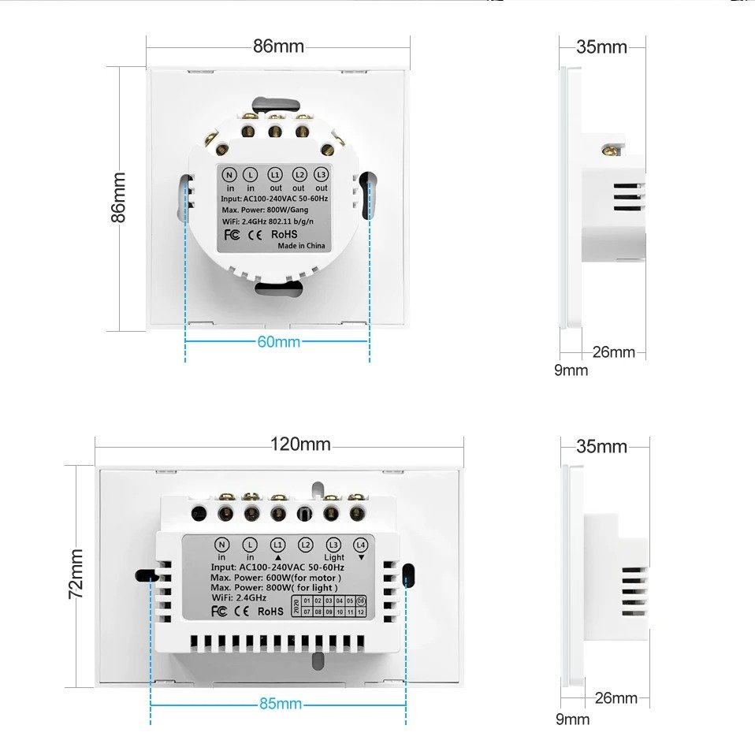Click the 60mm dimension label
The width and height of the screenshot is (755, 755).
[x=278, y=341]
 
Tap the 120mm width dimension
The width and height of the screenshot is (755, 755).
[x=300, y=444]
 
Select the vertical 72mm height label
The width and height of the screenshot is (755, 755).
[x=76, y=574]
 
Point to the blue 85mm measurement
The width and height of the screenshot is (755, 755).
[x=280, y=704]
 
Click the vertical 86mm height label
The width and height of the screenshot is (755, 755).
[x=118, y=198]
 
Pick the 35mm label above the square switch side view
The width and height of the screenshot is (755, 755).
[x=601, y=46]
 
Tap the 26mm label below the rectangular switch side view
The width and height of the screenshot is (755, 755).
[x=616, y=697]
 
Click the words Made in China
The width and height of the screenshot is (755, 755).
[x=301, y=246]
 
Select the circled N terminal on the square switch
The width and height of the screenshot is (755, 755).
[x=230, y=174]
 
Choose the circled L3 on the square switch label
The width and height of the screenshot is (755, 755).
[x=321, y=174]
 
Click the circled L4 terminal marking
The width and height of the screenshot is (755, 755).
[x=361, y=545]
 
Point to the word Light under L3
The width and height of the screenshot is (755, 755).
[x=334, y=557]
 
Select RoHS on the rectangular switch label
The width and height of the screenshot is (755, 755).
[x=270, y=610]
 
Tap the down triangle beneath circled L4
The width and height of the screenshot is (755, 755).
[x=361, y=556]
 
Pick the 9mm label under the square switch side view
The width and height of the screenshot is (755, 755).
[x=571, y=370]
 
